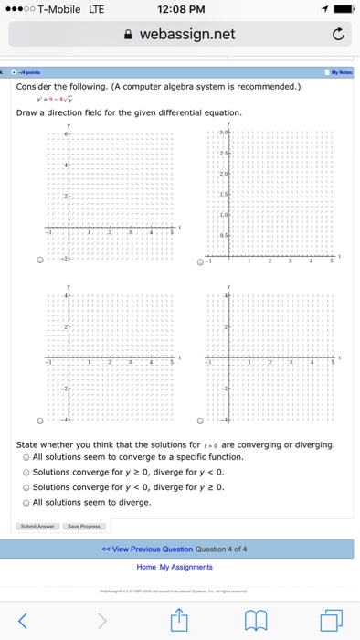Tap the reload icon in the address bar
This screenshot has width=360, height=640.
(338, 36)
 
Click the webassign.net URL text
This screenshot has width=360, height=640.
(186, 35)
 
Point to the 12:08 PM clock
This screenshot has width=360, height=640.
(179, 9)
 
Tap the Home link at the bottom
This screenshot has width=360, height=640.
(146, 567)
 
